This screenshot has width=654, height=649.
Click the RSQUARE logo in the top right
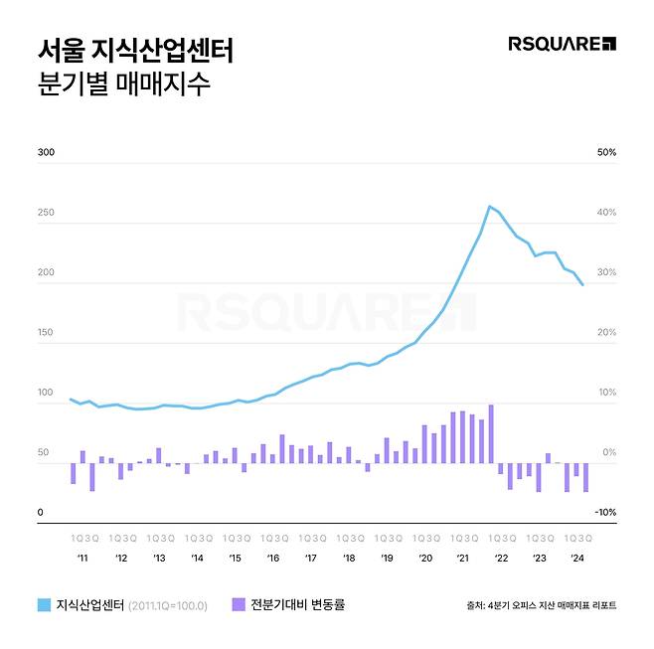pyautogui.click(x=562, y=44)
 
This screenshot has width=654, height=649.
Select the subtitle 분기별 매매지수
pyautogui.click(x=123, y=84)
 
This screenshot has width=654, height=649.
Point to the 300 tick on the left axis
pyautogui.click(x=46, y=153)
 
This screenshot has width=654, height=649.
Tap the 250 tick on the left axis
pyautogui.click(x=46, y=213)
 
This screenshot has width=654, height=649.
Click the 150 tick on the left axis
pyautogui.click(x=46, y=333)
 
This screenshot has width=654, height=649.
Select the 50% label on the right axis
pyautogui.click(x=605, y=153)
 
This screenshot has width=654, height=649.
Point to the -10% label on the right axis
pyautogui.click(x=604, y=513)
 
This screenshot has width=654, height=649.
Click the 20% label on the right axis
pyautogui.click(x=605, y=333)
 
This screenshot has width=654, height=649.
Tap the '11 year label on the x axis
pyautogui.click(x=82, y=559)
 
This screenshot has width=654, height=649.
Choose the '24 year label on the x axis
pyautogui.click(x=576, y=559)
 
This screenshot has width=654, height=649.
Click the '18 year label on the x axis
pyautogui.click(x=349, y=559)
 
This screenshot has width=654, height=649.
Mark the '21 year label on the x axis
pyautogui.click(x=462, y=559)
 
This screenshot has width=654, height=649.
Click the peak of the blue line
pyautogui.click(x=489, y=207)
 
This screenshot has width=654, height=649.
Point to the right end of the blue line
pyautogui.click(x=582, y=285)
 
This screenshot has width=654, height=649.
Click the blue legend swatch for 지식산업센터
pyautogui.click(x=44, y=604)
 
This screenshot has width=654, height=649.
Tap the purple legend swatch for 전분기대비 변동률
pyautogui.click(x=238, y=604)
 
